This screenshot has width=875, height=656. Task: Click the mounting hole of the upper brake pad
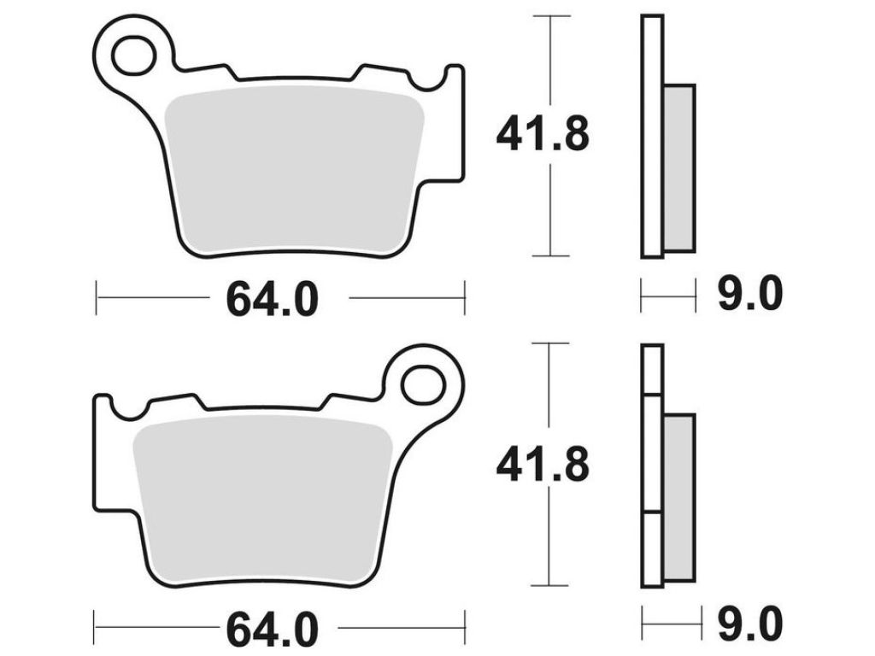[133, 55]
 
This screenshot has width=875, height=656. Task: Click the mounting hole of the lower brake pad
[423, 384]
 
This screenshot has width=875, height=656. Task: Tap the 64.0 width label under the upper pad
[272, 300]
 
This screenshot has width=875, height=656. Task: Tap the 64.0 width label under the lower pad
[272, 629]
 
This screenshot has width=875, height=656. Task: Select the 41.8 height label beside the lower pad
[543, 464]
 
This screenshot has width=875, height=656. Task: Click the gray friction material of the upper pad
[295, 170]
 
